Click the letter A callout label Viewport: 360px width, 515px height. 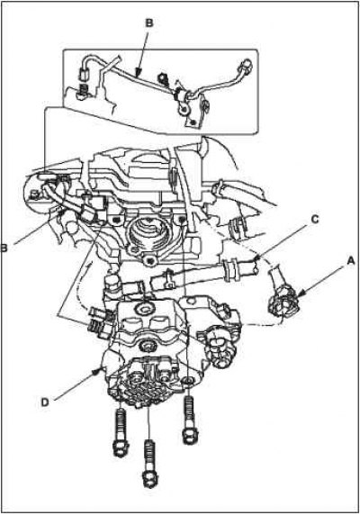click(350, 261)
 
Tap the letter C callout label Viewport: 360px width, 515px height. click(314, 220)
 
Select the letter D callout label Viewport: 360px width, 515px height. click(45, 402)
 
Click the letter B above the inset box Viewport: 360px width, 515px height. click(148, 23)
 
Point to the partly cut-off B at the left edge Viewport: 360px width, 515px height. click(4, 248)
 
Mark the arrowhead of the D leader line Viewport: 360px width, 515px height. click(97, 372)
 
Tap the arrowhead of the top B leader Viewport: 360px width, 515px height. click(139, 71)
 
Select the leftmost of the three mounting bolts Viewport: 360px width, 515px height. click(121, 433)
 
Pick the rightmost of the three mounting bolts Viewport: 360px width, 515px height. click(189, 420)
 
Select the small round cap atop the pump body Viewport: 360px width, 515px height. click(143, 309)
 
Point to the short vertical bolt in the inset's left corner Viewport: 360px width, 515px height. click(83, 91)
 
